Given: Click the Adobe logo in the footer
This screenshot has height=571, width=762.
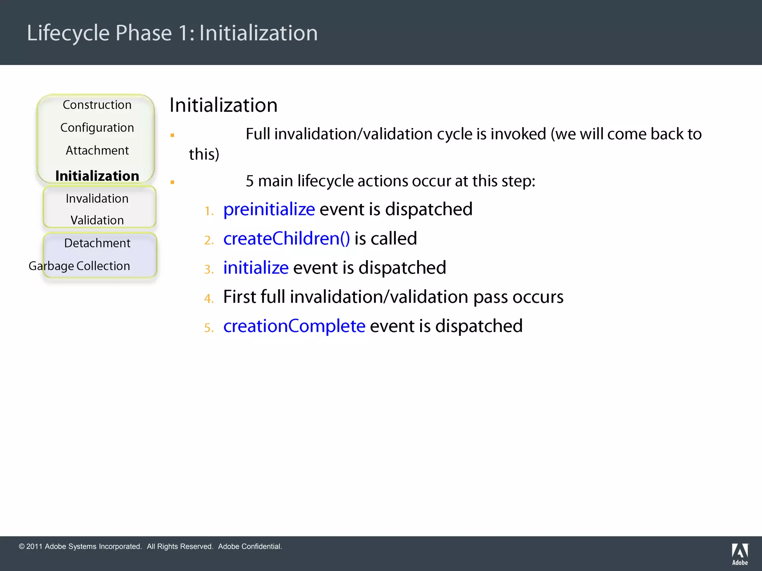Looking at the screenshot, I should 740,554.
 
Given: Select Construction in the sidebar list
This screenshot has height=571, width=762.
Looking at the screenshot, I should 97,105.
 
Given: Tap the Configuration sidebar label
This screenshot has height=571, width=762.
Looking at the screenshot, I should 97,128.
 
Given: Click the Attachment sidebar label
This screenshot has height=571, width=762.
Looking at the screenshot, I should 97,150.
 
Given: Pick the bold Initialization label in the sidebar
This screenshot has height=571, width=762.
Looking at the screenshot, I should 97,176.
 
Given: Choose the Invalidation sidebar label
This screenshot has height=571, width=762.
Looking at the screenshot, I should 97,199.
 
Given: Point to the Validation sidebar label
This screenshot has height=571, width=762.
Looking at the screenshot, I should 97,220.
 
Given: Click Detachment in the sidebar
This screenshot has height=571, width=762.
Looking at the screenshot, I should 97,243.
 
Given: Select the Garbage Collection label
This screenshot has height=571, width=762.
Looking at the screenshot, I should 79,266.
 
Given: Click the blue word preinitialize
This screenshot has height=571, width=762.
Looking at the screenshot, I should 269,210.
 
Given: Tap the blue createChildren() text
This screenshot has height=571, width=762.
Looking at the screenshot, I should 286,239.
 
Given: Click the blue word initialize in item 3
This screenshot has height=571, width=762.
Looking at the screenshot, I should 256,268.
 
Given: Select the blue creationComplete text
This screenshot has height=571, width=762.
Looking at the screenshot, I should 294,326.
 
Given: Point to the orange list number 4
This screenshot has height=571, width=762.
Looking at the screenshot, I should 208,299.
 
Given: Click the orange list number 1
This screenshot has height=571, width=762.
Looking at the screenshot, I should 209,211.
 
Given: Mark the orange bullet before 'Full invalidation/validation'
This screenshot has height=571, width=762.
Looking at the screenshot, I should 172,135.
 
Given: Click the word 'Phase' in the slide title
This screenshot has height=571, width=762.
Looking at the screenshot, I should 144,33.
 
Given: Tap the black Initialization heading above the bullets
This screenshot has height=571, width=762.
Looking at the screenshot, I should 223,105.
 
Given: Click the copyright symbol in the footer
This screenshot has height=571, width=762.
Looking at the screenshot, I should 22,546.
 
